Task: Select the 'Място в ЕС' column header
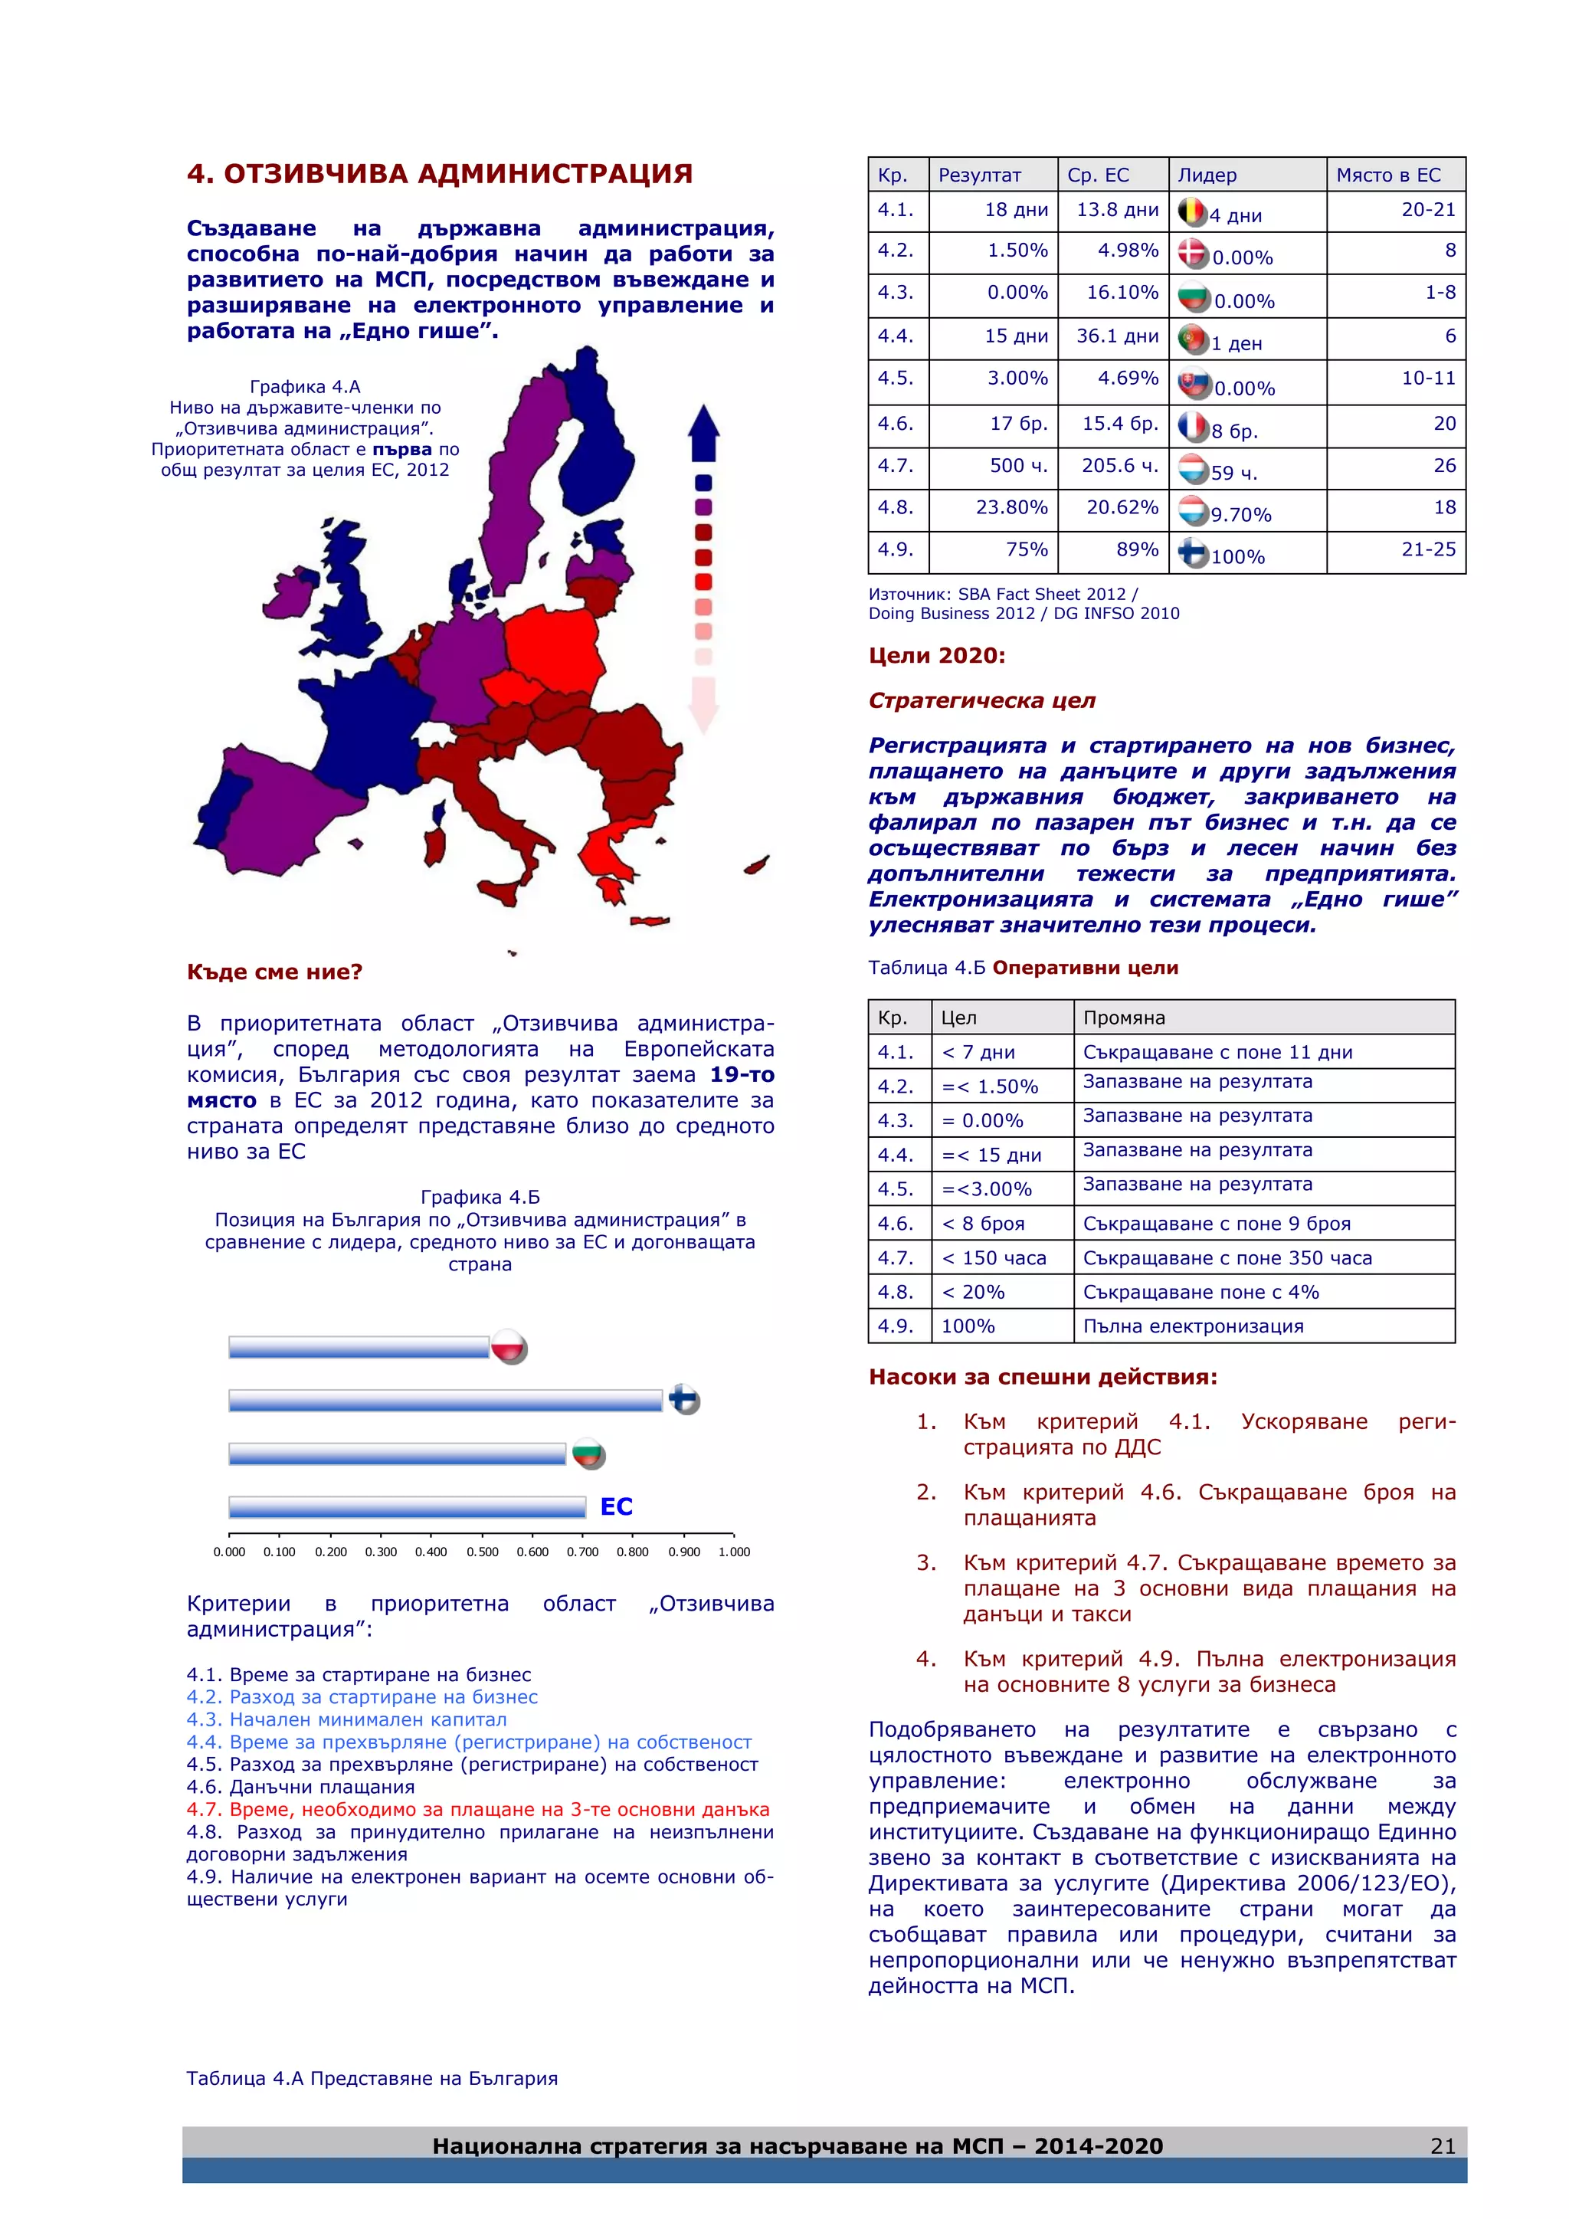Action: (1387, 175)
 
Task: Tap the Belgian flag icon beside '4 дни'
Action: (1192, 211)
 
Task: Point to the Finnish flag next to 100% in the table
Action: (1193, 552)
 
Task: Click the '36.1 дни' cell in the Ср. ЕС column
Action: (1117, 336)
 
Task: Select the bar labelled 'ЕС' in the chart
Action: (407, 1506)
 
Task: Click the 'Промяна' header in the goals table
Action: (1124, 1018)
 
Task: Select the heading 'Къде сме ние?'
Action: (274, 972)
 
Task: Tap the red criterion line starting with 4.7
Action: (477, 1809)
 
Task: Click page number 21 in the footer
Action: (1442, 2145)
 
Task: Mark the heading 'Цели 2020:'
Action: (936, 655)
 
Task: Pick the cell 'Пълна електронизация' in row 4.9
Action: (1192, 1326)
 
